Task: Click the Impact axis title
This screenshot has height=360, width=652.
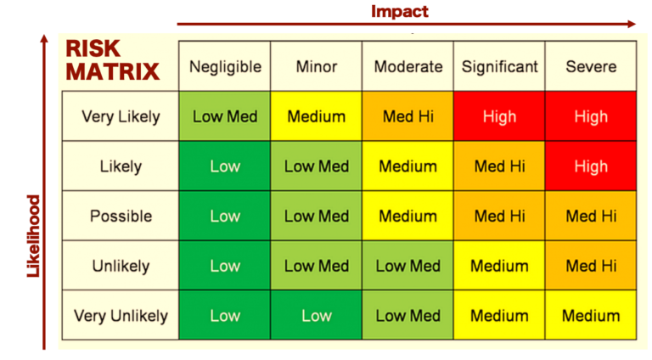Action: [399, 11]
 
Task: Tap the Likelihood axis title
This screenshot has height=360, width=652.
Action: [33, 236]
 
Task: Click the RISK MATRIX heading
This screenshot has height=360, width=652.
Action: [113, 60]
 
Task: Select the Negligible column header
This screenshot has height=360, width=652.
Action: [225, 66]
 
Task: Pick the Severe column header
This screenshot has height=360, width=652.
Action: [591, 66]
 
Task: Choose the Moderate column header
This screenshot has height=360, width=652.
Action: [407, 66]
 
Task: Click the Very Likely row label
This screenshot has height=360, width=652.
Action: [121, 117]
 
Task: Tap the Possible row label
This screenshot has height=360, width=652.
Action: [121, 217]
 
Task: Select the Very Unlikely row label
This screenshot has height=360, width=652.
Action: [121, 316]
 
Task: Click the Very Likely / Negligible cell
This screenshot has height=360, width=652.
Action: [224, 116]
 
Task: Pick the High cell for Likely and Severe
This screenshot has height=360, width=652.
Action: [591, 166]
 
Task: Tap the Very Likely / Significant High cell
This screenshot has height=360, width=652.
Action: [499, 116]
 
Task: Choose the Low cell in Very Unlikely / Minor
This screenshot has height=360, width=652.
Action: [316, 315]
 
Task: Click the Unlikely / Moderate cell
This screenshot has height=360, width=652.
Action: [407, 265]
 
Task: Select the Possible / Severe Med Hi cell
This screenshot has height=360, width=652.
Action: [591, 216]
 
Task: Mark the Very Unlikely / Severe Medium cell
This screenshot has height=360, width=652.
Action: [591, 315]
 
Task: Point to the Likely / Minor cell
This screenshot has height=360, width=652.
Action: [316, 166]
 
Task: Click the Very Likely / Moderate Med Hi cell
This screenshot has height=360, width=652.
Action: [407, 116]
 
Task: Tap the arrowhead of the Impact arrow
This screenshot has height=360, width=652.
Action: [632, 24]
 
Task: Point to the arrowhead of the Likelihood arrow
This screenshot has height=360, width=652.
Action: [44, 39]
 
